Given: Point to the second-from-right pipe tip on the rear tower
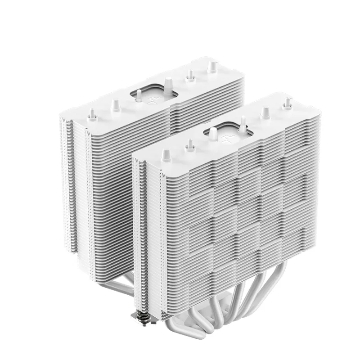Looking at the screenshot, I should pyautogui.click(x=190, y=75).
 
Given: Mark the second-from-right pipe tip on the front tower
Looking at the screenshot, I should pyautogui.click(x=265, y=113).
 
